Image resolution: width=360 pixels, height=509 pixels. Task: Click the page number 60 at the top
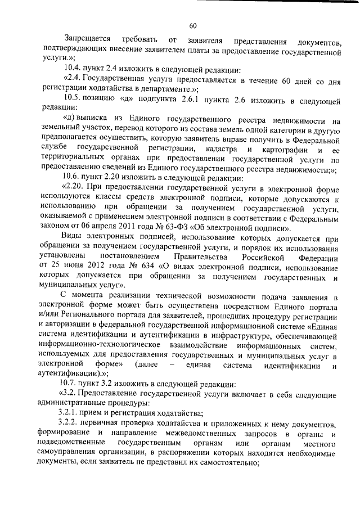point(192,25)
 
